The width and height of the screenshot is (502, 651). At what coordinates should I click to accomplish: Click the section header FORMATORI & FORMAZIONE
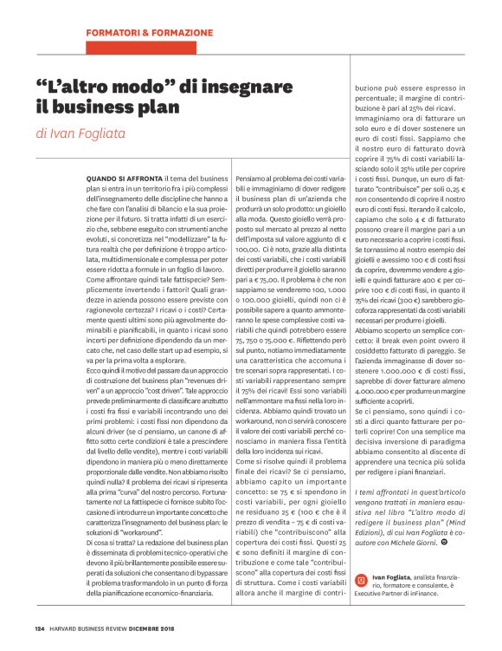[x=149, y=33]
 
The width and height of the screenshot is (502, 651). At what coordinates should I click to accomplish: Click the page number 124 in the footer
[x=39, y=628]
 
